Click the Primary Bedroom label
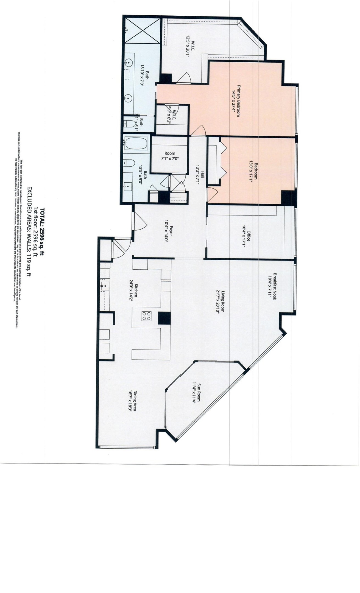click(x=236, y=101)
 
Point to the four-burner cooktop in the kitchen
click(x=146, y=316)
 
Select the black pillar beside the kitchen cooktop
click(x=164, y=318)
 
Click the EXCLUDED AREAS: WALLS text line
click(x=29, y=231)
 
